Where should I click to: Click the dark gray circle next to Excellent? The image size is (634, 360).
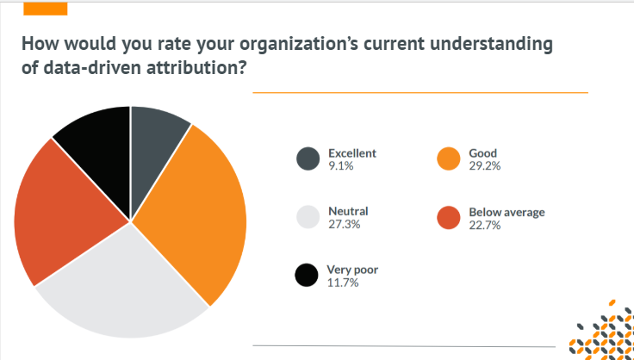pos(308,159)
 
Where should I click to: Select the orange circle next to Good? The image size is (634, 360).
pos(448,159)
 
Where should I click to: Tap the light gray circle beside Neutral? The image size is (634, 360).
pos(308,218)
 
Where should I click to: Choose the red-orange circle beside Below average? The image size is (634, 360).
pos(448,218)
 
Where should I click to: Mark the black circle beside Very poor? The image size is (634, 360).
pos(308,276)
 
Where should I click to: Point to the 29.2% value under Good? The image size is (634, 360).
pos(485,166)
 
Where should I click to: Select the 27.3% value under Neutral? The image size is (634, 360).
pos(344,225)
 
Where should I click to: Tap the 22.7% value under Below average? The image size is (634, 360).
pos(486,225)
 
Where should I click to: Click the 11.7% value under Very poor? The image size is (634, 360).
pos(344,282)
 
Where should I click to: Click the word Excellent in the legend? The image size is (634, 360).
pos(352,153)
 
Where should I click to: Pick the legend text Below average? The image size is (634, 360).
pos(507,212)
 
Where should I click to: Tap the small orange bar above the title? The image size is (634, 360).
pos(44,8)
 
